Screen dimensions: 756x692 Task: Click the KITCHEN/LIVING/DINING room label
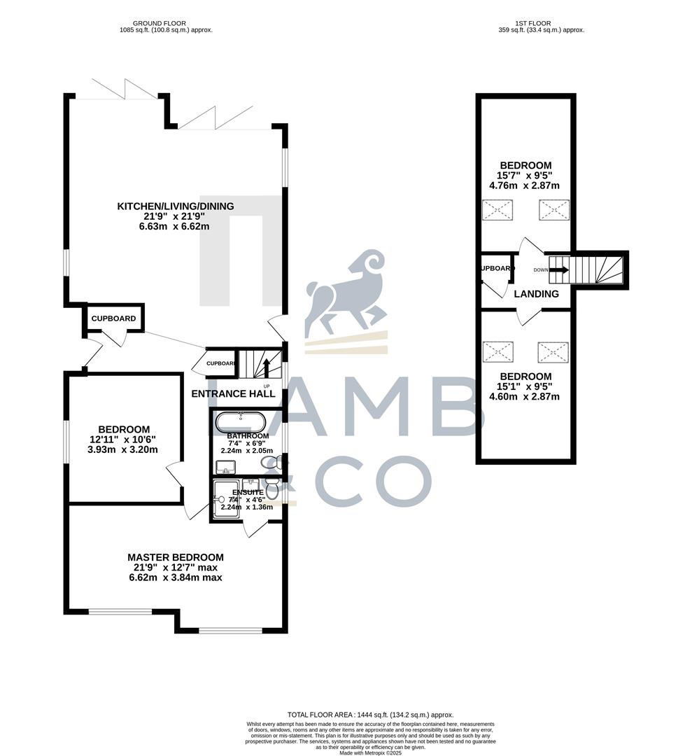tap(175, 206)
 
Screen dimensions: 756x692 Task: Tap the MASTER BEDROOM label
tap(176, 557)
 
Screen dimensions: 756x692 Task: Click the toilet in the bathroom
tap(278, 463)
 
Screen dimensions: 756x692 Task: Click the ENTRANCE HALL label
tap(233, 393)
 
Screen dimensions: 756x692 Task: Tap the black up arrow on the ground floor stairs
tap(266, 365)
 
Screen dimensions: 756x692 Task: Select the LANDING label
tap(537, 294)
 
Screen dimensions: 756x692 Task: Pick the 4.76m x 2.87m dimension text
tap(525, 185)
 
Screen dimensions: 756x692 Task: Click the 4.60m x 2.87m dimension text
tap(525, 397)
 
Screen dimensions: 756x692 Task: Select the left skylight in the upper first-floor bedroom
tap(497, 210)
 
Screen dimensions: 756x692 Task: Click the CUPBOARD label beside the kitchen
tap(114, 318)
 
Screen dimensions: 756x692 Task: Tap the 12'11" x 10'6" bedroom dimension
tap(124, 440)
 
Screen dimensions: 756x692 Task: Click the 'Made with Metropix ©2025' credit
tap(346, 752)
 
